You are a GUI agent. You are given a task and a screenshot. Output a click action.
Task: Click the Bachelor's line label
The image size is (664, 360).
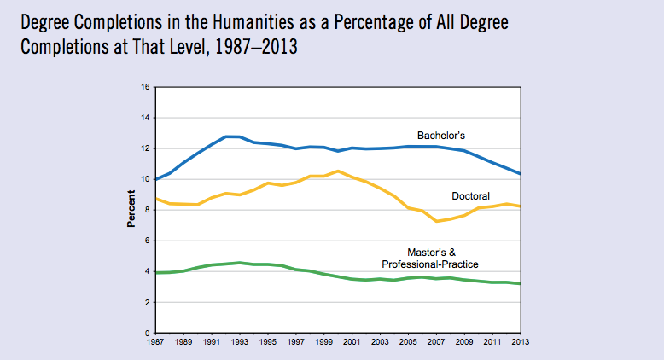coord(440,135)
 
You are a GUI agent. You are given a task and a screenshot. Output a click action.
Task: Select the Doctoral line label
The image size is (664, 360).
coord(471,196)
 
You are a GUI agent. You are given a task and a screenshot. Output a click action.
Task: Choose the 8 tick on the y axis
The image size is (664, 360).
coord(147,210)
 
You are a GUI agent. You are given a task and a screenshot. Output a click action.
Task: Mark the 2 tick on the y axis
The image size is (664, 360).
coord(147,302)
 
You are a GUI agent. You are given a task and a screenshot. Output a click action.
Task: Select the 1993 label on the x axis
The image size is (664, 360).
coord(239,342)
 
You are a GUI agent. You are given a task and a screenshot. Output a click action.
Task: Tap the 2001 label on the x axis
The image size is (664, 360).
coord(352,342)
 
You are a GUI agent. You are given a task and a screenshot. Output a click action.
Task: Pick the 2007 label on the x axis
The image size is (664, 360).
coord(437,342)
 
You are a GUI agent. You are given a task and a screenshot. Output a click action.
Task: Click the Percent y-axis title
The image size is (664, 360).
coord(131,210)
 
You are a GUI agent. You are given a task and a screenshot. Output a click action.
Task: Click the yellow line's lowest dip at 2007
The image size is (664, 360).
coord(437,221)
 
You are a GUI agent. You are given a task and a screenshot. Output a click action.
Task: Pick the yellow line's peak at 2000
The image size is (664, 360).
coord(338,171)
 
